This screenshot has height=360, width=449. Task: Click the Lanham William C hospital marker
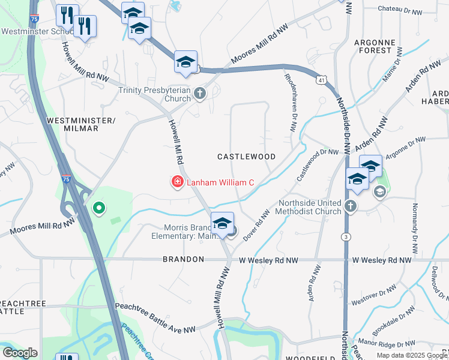tap(177, 182)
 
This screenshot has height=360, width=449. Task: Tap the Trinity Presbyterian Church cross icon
tap(200, 94)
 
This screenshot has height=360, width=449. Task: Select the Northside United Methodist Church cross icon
tap(351, 207)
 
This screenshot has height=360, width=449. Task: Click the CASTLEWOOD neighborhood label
tap(246, 157)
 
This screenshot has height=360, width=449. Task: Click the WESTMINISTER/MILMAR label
tap(80, 125)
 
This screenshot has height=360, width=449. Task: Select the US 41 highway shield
tap(322, 80)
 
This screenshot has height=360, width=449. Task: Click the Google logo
tap(20, 353)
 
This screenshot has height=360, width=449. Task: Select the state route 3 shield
tap(346, 238)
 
